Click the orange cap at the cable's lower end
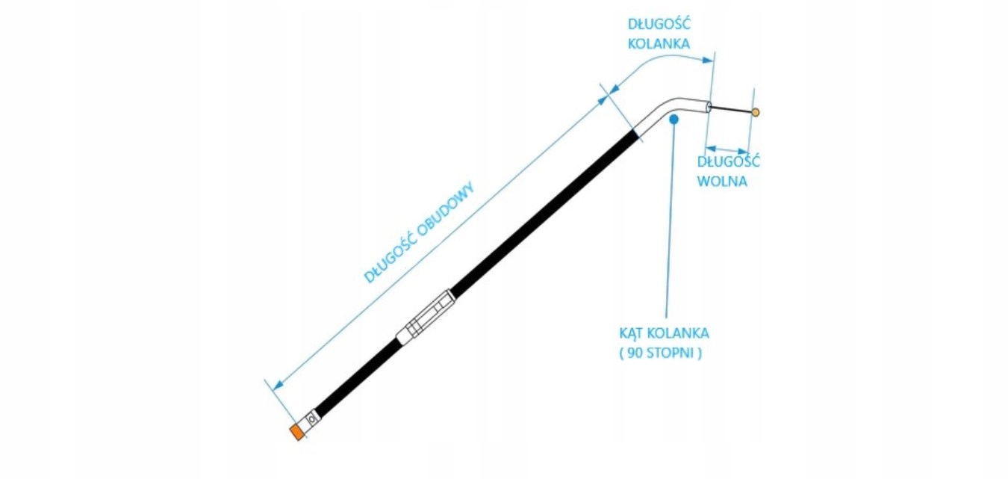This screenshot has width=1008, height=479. tap(297, 433)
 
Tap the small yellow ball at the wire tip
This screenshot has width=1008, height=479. tap(756, 113)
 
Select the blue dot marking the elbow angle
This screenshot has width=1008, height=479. tap(673, 118)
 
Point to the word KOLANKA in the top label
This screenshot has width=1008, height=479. tap(659, 43)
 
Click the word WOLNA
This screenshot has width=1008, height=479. tap(722, 181)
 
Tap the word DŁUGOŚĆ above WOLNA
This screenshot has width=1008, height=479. tap(729, 161)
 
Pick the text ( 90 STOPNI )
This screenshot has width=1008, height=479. tap(661, 353)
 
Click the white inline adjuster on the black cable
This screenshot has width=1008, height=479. tap(426, 318)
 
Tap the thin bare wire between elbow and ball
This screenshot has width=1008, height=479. tap(730, 110)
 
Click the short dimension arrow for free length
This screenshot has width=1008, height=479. tap(727, 149)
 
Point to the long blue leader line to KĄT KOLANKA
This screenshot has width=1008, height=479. tap(668, 224)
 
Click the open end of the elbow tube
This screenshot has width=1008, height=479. tap(708, 107)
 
